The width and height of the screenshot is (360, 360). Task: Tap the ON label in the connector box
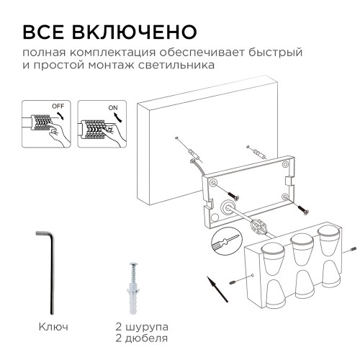tap(112, 107)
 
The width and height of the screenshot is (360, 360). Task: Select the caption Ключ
tap(53, 327)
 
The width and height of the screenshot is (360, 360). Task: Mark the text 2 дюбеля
tap(142, 338)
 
